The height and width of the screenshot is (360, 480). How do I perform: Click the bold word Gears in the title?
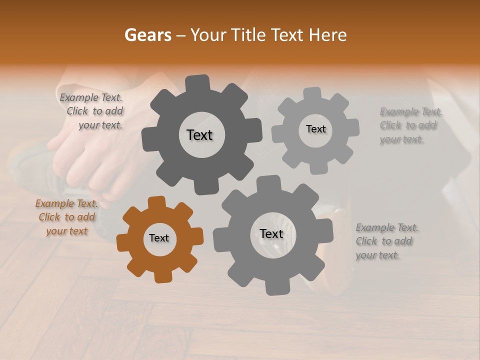click(x=147, y=35)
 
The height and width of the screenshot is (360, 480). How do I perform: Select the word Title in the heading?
click(x=248, y=35)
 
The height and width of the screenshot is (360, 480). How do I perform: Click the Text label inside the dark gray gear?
click(x=199, y=135)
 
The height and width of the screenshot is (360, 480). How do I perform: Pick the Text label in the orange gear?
click(x=159, y=238)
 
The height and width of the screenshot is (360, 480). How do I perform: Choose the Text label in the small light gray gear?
click(x=315, y=129)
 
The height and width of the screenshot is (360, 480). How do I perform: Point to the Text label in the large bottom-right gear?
click(x=271, y=233)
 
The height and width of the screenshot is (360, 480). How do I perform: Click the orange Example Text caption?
click(x=67, y=217)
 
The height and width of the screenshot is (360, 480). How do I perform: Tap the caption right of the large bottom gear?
click(x=386, y=241)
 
